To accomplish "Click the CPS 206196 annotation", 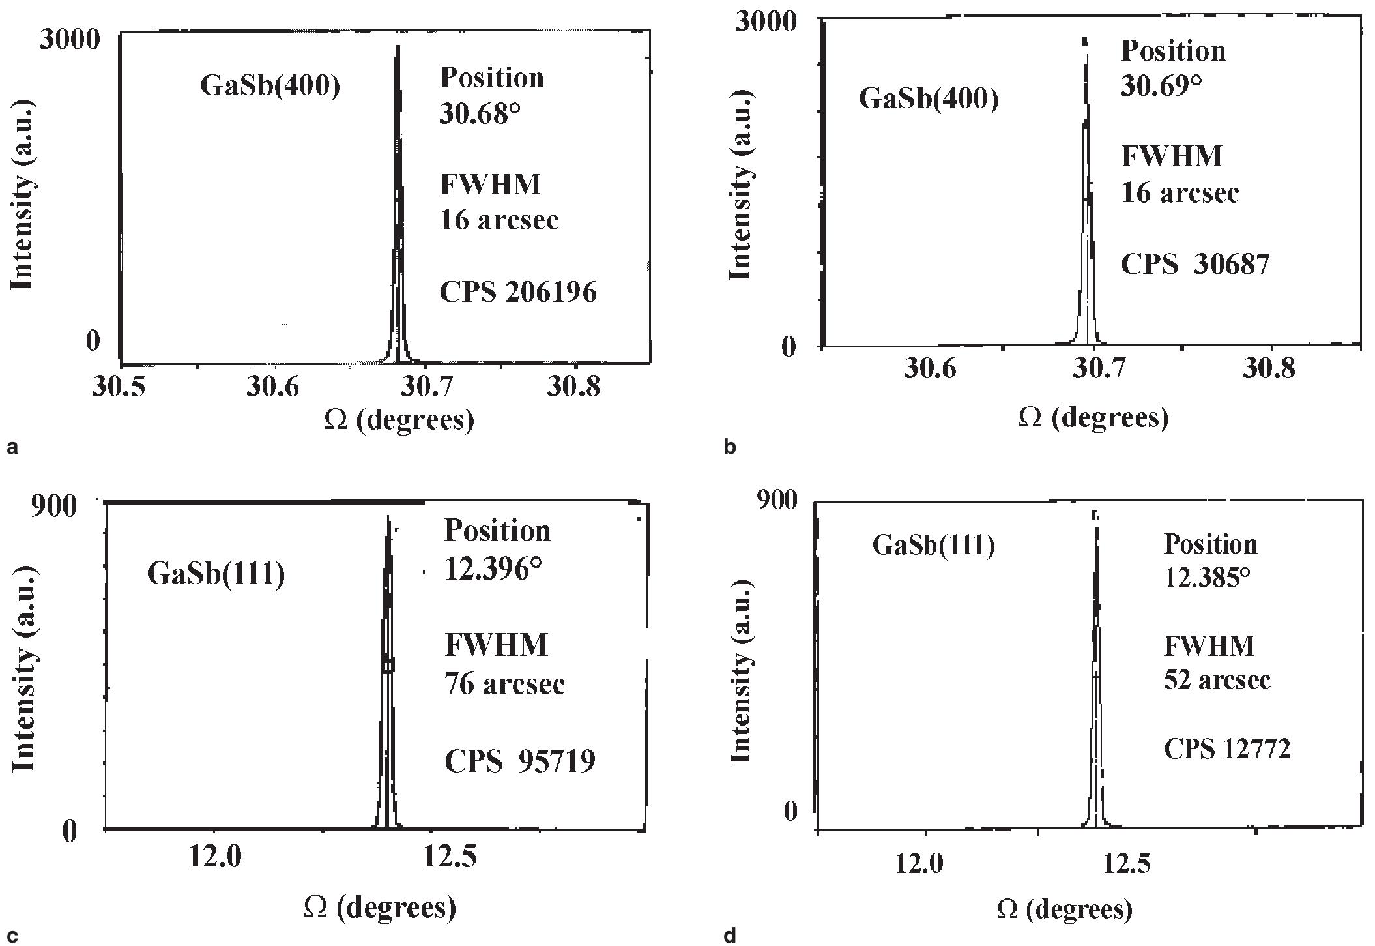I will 518,292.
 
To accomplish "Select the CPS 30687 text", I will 1195,265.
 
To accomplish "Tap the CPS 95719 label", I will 519,761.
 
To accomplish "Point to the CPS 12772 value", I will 1227,750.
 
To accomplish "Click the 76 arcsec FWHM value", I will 504,685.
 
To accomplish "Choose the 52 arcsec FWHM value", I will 1217,680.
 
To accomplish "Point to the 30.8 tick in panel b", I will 1269,370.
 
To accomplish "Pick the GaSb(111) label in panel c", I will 216,575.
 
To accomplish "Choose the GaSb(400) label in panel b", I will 929,100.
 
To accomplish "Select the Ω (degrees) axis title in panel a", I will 399,420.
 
